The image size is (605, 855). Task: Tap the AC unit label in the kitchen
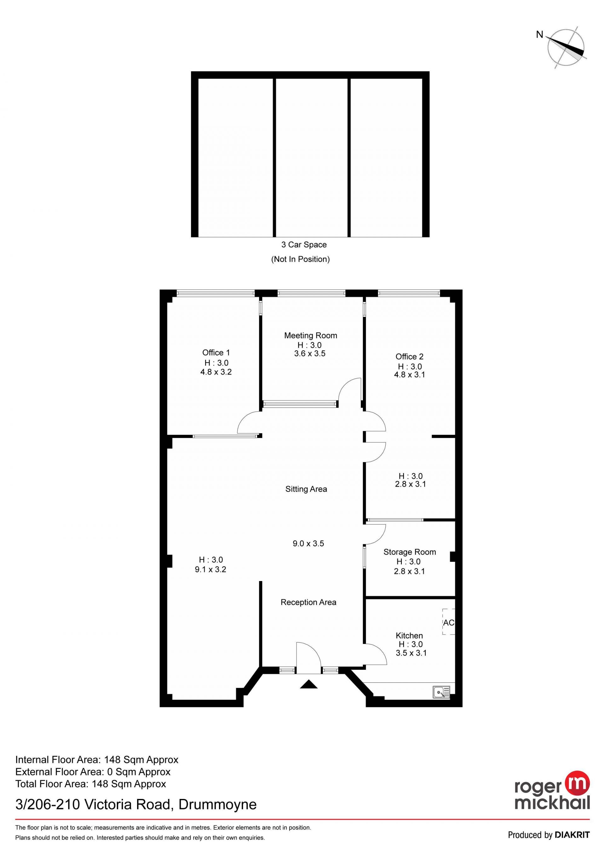(x=448, y=623)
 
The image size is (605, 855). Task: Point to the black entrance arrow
(x=308, y=684)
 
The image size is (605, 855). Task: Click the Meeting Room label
(x=311, y=335)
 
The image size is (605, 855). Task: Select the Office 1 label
(x=216, y=353)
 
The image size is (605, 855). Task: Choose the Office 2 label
(x=409, y=357)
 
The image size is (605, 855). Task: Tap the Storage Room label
(x=410, y=552)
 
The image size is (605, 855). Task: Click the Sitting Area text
(x=306, y=489)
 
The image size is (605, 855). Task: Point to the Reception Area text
(x=308, y=602)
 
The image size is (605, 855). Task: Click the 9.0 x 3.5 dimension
(x=308, y=543)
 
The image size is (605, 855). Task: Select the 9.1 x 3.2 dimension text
(x=210, y=569)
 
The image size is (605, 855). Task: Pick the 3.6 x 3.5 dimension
(x=310, y=353)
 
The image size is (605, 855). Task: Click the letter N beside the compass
(x=539, y=35)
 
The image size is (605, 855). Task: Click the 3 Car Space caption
(x=304, y=245)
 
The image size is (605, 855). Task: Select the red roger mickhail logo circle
(x=578, y=782)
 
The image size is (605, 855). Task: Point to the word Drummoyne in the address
(x=217, y=805)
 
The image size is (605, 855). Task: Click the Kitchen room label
(x=409, y=636)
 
